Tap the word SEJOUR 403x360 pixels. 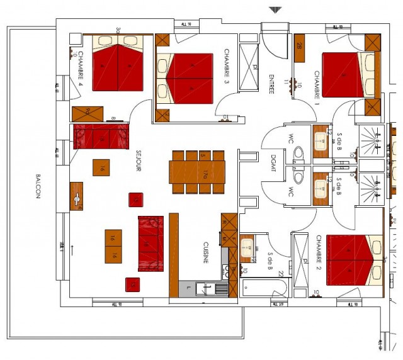pyautogui.click(x=139, y=160)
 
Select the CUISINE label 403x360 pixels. pyautogui.click(x=206, y=252)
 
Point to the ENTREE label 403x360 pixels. pyautogui.click(x=271, y=82)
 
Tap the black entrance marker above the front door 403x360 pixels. pyautogui.click(x=275, y=9)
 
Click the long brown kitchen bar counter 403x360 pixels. pyautogui.click(x=174, y=254)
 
